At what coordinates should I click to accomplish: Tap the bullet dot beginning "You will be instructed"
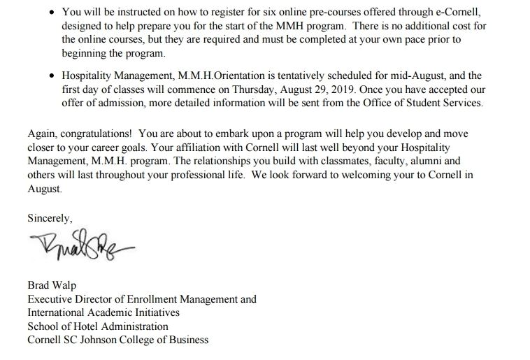[53, 13]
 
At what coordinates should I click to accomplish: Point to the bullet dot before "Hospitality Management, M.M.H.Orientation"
[53, 76]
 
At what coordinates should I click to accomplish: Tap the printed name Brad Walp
[52, 285]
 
